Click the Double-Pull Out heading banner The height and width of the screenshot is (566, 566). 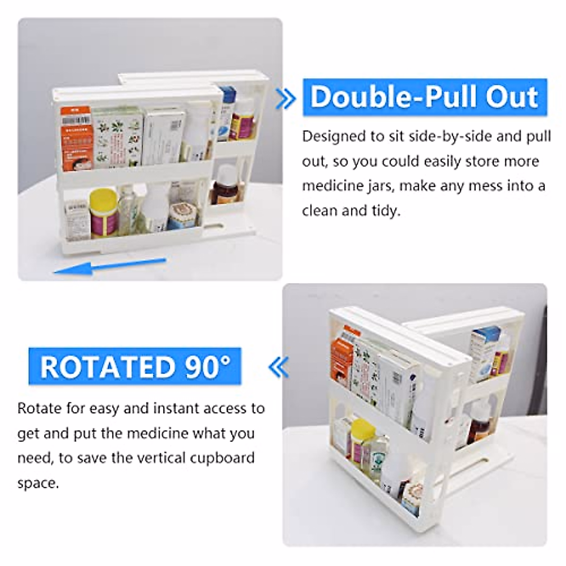click(x=424, y=97)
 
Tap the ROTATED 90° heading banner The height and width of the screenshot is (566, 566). click(x=135, y=366)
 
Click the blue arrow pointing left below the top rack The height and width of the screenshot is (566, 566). click(x=109, y=266)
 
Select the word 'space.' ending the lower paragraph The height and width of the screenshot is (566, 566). click(x=38, y=483)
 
